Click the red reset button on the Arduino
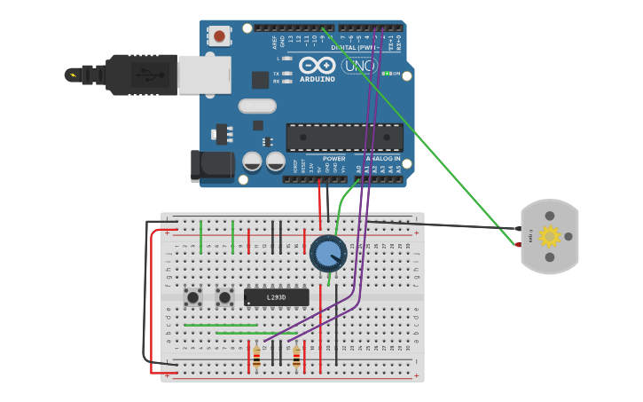[x=218, y=36]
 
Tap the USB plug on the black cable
[x=142, y=75]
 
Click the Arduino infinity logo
[x=318, y=66]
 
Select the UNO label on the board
[x=359, y=66]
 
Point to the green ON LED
[x=387, y=74]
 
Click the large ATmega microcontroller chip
[x=344, y=137]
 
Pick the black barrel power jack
[x=213, y=166]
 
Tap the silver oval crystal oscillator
[x=257, y=106]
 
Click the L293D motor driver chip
[x=276, y=297]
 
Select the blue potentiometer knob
[x=328, y=254]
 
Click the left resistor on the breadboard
[x=256, y=357]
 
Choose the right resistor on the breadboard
[x=296, y=357]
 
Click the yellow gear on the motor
[x=550, y=236]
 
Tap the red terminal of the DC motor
[x=519, y=244]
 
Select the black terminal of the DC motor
[x=519, y=227]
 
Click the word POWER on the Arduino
[x=333, y=159]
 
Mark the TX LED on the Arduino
[x=286, y=73]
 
